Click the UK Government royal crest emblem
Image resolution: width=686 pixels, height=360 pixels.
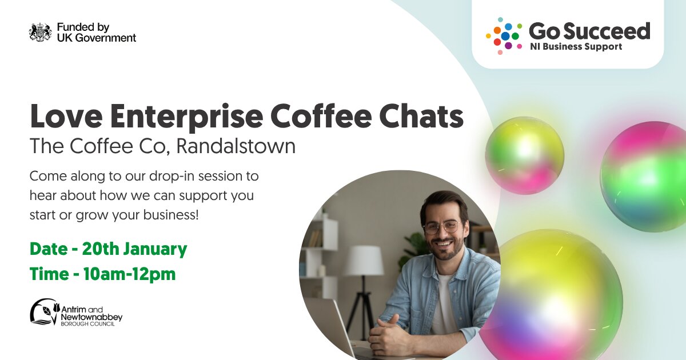pos(41,32)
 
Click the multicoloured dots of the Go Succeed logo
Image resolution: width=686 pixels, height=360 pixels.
pos(504,36)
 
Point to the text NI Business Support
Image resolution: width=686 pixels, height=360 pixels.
pos(576,47)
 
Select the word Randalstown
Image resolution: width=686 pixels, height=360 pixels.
pos(236,146)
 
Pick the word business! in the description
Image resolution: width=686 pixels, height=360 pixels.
pos(171,215)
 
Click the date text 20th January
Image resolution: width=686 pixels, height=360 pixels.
pos(134,249)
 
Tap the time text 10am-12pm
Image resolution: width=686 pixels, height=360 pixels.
pos(129,274)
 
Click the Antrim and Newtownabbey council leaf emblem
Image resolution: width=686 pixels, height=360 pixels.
pos(45,311)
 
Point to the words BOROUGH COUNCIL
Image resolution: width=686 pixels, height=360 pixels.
pos(88,324)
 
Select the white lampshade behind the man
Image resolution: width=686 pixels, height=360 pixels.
pos(365,261)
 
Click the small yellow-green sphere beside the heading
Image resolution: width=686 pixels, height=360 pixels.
pos(525,155)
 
